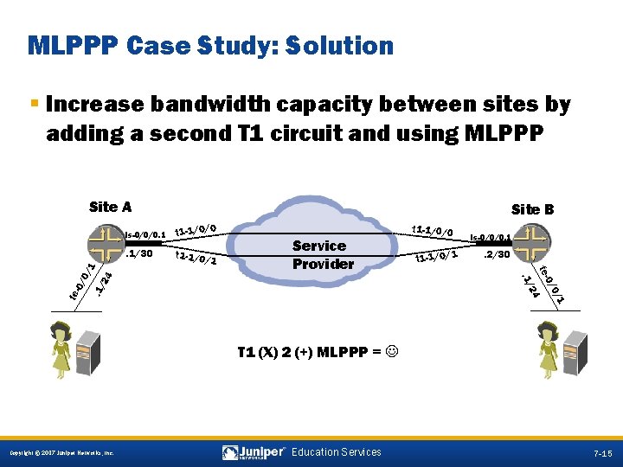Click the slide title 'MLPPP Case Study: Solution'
[210, 46]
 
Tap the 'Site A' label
[110, 207]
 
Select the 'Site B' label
[532, 209]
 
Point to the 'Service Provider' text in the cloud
[319, 254]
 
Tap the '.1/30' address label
[139, 254]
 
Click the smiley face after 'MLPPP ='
[393, 353]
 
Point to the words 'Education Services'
[336, 452]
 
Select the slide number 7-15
[602, 453]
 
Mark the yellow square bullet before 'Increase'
[34, 104]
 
